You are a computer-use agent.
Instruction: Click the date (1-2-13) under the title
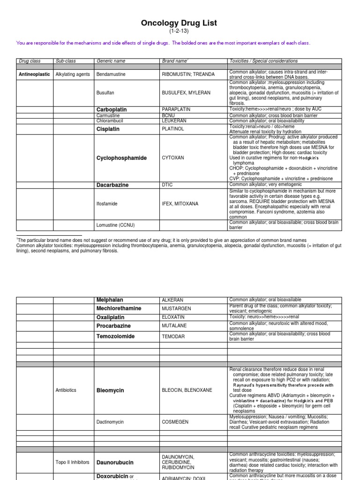pyautogui.click(x=180, y=31)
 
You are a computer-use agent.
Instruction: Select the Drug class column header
pyautogui.click(x=30, y=61)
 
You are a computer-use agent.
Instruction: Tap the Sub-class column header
pyautogui.click(x=66, y=61)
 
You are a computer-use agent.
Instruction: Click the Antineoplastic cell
pyautogui.click(x=34, y=75)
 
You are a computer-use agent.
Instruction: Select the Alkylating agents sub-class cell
pyautogui.click(x=73, y=75)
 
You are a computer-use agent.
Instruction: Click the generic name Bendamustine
pyautogui.click(x=112, y=75)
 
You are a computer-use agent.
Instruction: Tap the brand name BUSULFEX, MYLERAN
pyautogui.click(x=184, y=93)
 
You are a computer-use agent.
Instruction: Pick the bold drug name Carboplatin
pyautogui.click(x=112, y=110)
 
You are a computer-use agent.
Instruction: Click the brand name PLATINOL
pyautogui.click(x=173, y=129)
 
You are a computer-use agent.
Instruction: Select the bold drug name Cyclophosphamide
pyautogui.click(x=121, y=158)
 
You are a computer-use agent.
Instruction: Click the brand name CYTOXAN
pyautogui.click(x=173, y=158)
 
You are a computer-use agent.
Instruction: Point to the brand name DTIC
pyautogui.click(x=167, y=185)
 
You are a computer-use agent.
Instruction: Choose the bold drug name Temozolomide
pyautogui.click(x=115, y=337)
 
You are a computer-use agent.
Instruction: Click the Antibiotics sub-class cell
pyautogui.click(x=66, y=390)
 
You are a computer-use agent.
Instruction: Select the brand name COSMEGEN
pyautogui.click(x=175, y=422)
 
